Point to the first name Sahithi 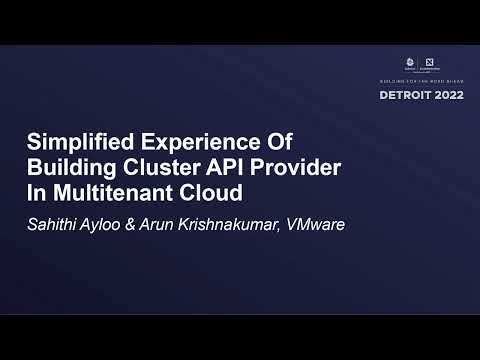click(53, 224)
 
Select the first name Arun click(170, 224)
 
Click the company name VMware click(316, 224)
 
